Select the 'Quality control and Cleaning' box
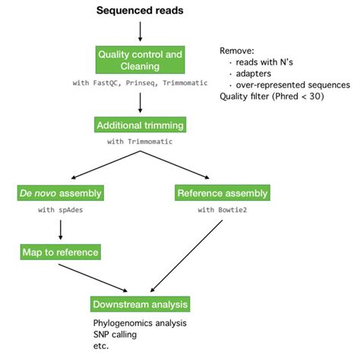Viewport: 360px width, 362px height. coord(141,59)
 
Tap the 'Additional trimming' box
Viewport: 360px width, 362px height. coord(141,124)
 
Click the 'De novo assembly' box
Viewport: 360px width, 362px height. coord(61,192)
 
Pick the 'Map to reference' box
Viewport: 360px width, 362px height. coord(61,250)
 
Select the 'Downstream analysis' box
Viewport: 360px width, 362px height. coord(140,305)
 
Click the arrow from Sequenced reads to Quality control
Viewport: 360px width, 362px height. coord(141,30)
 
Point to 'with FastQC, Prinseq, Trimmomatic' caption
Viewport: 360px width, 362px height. coord(141,83)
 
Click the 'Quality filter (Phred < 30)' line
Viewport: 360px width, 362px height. coord(273,97)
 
